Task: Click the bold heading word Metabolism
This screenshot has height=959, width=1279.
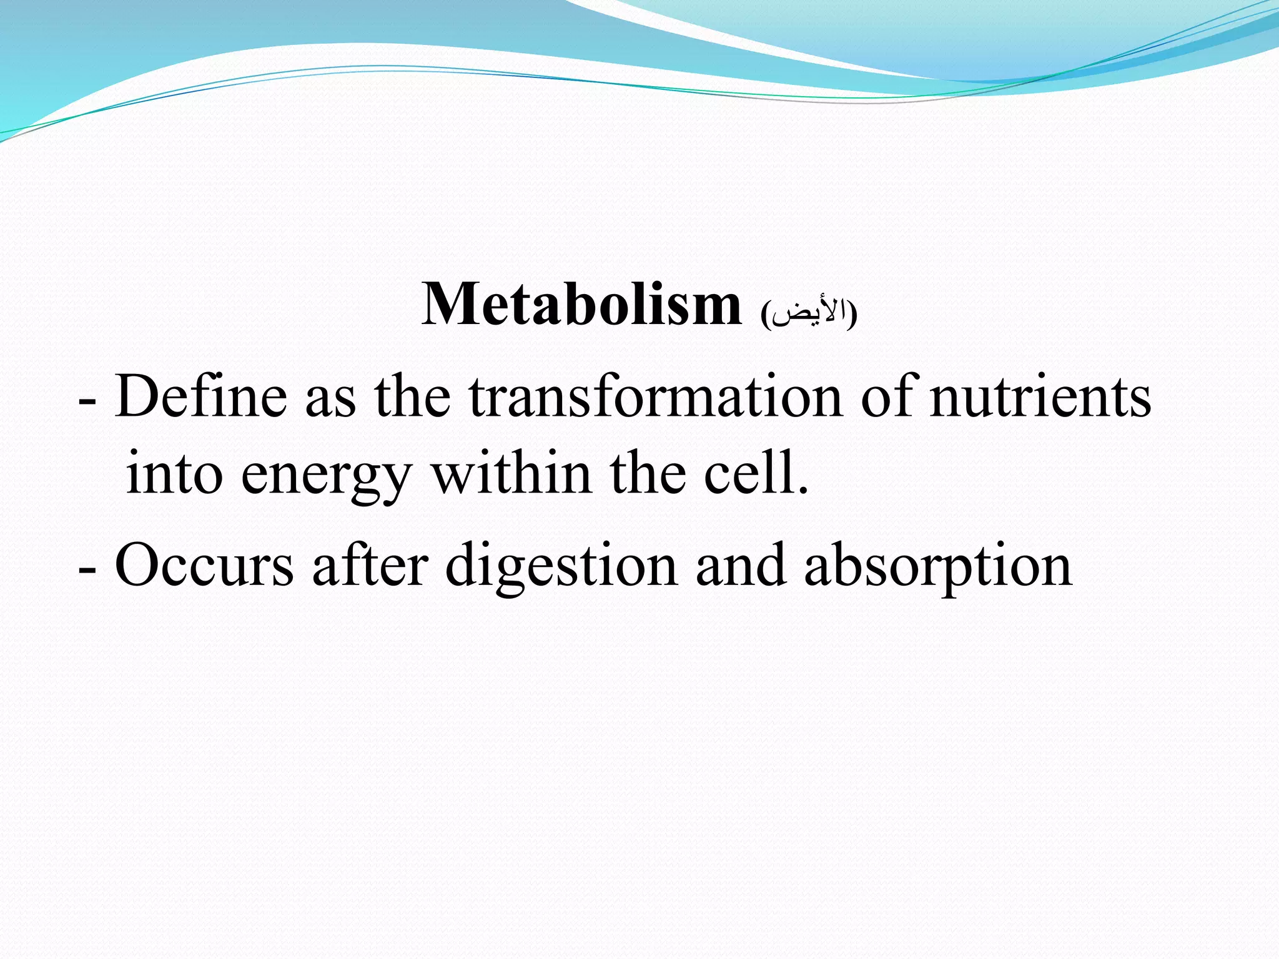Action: click(581, 305)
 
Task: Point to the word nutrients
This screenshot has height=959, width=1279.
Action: click(1040, 397)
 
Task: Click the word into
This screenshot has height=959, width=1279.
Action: click(174, 473)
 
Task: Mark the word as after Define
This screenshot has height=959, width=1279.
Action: click(330, 403)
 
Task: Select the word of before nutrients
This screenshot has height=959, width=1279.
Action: click(890, 397)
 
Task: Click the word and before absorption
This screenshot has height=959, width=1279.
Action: click(741, 566)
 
